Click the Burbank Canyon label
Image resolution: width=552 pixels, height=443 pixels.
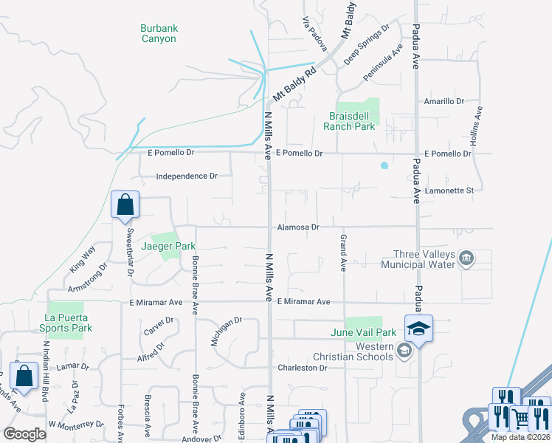(159, 33)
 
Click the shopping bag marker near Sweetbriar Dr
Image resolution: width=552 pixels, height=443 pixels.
(125, 205)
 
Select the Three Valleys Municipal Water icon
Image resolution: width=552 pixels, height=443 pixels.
(466, 258)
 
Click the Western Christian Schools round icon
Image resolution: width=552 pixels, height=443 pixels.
(404, 351)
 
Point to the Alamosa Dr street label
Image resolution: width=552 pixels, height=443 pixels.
(298, 227)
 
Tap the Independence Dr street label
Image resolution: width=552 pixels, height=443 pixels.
(187, 176)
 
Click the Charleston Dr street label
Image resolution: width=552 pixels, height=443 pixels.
(302, 368)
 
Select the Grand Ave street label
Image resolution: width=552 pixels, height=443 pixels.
(343, 253)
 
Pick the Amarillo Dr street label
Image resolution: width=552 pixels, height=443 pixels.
(443, 101)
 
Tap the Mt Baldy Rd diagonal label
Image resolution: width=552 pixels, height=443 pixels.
(294, 83)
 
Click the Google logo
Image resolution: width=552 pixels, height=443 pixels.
(24, 434)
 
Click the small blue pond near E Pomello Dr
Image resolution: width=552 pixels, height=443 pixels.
(384, 165)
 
